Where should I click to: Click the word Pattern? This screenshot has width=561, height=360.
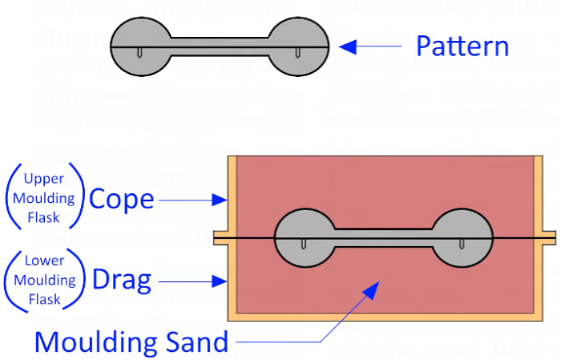pyautogui.click(x=462, y=47)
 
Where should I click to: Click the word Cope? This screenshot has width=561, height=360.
pyautogui.click(x=121, y=199)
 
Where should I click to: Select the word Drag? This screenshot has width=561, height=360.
pyautogui.click(x=122, y=280)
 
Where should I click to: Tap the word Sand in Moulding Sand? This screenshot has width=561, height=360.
pyautogui.click(x=196, y=342)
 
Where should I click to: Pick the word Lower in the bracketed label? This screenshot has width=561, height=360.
pyautogui.click(x=44, y=261)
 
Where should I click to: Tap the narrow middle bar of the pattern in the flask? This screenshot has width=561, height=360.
pyautogui.click(x=383, y=238)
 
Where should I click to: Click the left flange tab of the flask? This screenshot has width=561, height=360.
pyautogui.click(x=220, y=238)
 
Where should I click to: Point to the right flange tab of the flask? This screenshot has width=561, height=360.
pyautogui.click(x=547, y=238)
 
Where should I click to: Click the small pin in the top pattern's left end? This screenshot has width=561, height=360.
pyautogui.click(x=140, y=54)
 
